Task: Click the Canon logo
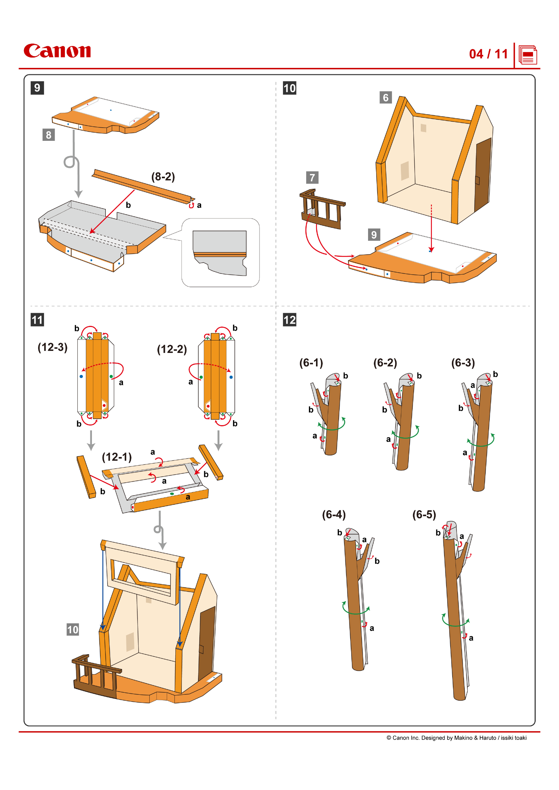tap(57, 51)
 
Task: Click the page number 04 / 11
tap(488, 54)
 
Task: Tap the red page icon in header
tap(528, 55)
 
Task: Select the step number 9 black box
tap(37, 88)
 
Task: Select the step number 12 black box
tap(289, 320)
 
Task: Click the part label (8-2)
tap(163, 177)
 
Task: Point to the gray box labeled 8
tap(49, 134)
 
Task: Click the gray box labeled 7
tap(312, 178)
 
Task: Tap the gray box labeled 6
tap(385, 98)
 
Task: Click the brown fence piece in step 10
tap(322, 209)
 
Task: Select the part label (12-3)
tap(52, 347)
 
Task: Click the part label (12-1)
tap(117, 457)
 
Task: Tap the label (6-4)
tap(334, 514)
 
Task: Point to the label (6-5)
tap(424, 514)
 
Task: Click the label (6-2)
tap(385, 362)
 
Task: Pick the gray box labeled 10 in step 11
tap(73, 630)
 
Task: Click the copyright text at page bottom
tap(456, 738)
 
